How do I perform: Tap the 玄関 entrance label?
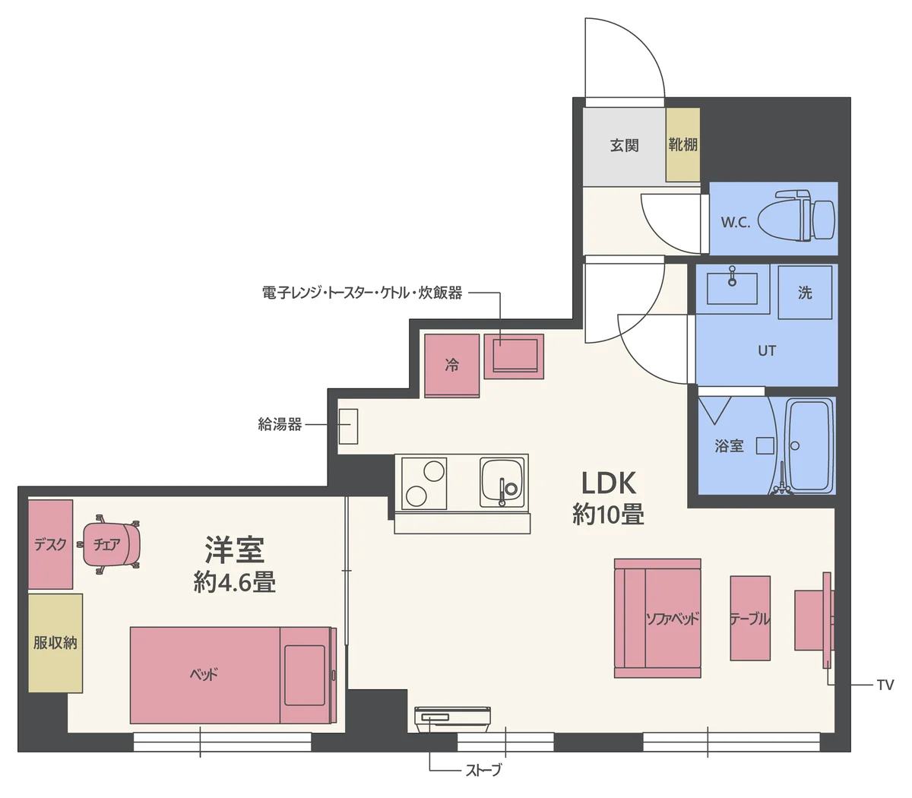click(624, 145)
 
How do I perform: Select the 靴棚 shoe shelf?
click(682, 144)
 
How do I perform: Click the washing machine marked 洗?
click(805, 293)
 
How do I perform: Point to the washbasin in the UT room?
click(731, 287)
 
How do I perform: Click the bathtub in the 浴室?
click(810, 446)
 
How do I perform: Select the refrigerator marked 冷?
click(451, 366)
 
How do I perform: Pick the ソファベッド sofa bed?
click(657, 618)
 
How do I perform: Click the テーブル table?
click(750, 618)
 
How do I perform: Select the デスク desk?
click(50, 544)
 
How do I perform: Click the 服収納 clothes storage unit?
click(55, 643)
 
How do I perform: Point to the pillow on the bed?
click(305, 675)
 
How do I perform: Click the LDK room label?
click(608, 483)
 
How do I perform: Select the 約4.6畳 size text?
click(234, 583)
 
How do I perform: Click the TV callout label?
click(885, 686)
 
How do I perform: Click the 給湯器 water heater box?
click(348, 426)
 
